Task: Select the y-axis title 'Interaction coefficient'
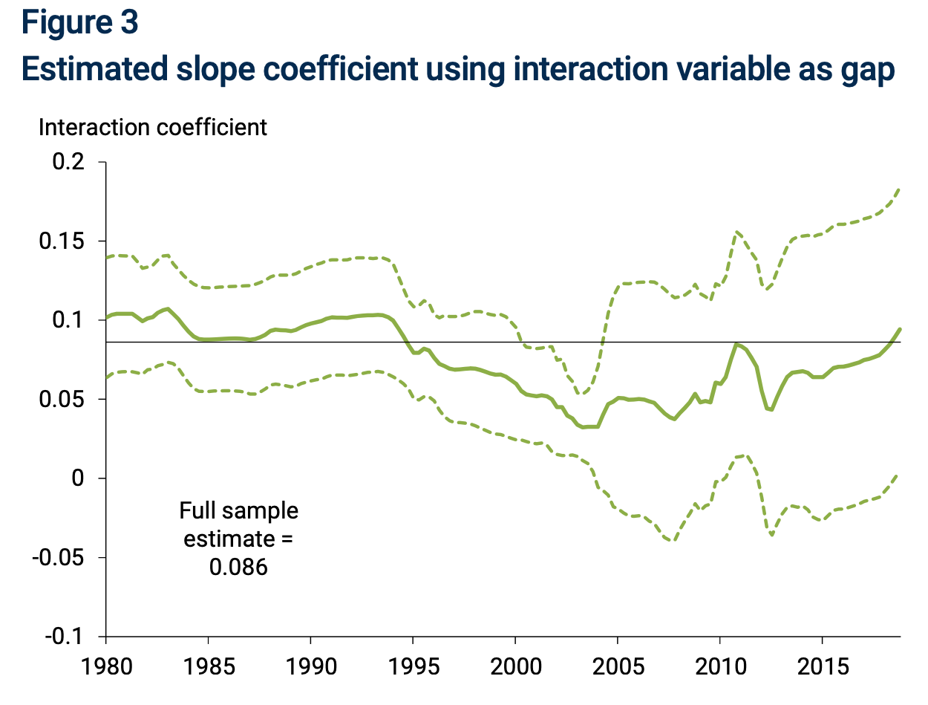(x=152, y=127)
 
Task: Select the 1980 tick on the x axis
(x=106, y=663)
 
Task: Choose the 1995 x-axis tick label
(x=413, y=663)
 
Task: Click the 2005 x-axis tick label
(x=618, y=663)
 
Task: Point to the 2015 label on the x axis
(x=822, y=663)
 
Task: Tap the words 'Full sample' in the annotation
(x=238, y=511)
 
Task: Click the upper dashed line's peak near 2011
(x=736, y=232)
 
